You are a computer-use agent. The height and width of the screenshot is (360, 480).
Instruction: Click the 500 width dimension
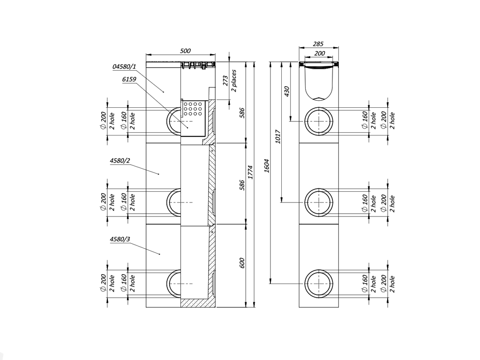coord(185,51)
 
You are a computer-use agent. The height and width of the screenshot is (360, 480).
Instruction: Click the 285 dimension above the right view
coord(319,44)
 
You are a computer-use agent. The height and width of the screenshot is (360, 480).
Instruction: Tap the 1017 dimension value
coord(278,137)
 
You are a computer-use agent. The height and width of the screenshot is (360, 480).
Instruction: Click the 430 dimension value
coord(287,92)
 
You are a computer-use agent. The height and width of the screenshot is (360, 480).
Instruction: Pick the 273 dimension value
coord(225,81)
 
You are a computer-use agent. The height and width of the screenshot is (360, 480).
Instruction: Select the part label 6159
coord(129,80)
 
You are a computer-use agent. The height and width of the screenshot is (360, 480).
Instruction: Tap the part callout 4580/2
coord(120,161)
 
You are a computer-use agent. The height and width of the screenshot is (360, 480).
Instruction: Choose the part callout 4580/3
coord(120,240)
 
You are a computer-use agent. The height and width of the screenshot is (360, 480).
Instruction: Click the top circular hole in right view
coord(319,121)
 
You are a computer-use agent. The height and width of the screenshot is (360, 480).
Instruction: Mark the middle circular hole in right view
coord(319,202)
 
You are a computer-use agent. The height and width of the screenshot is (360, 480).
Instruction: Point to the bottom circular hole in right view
coord(319,284)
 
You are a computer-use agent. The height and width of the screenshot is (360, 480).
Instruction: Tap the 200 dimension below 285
coord(319,53)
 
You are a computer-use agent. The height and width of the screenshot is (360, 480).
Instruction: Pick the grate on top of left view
coord(197,65)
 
